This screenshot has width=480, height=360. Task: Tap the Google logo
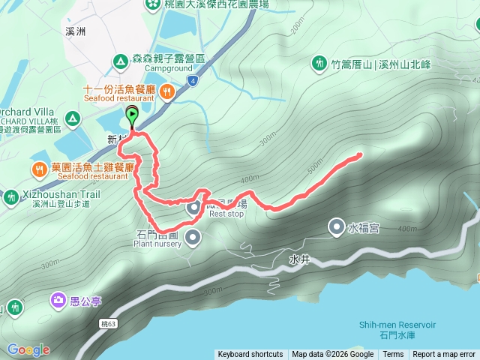coord(28,349)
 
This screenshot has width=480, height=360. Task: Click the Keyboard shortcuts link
coord(250,355)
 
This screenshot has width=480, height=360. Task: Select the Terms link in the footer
coord(393,355)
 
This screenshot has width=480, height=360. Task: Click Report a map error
coord(444,355)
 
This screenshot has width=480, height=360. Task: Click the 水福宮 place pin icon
coord(337,226)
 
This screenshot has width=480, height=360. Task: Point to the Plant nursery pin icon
coord(193,238)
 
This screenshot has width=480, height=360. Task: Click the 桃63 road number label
coord(109,324)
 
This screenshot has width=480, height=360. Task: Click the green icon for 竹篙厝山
coord(319,64)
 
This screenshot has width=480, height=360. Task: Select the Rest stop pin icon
coord(193,208)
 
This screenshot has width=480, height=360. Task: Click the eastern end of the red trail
coord(359,155)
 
